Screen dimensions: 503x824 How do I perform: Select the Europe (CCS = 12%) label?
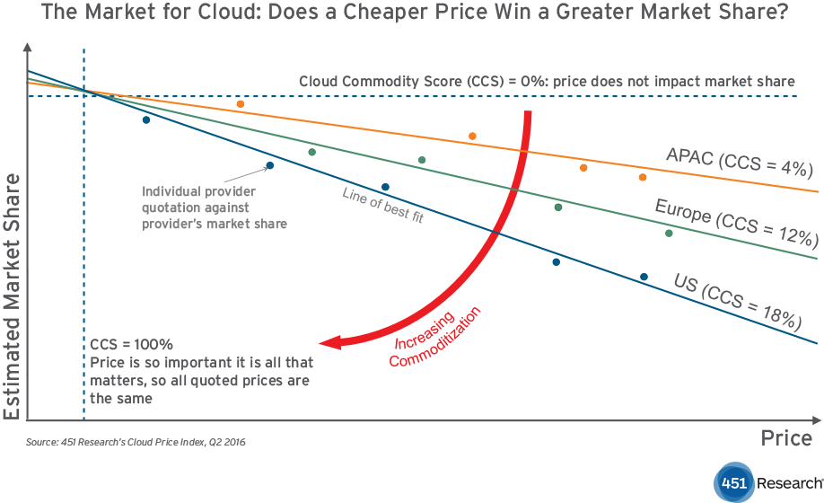click(x=736, y=223)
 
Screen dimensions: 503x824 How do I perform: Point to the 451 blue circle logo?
click(x=733, y=482)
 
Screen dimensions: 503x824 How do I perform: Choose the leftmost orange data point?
click(x=241, y=104)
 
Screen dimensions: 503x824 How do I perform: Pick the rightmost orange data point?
click(x=643, y=177)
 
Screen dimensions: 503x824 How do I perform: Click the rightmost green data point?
click(x=669, y=233)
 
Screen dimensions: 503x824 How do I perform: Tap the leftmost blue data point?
click(x=146, y=119)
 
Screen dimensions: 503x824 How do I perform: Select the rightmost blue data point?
click(x=644, y=277)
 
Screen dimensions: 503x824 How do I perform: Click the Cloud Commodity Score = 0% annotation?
click(x=547, y=81)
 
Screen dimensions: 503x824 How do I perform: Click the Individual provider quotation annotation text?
click(x=215, y=207)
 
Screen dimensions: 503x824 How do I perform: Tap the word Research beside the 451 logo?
click(x=788, y=483)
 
